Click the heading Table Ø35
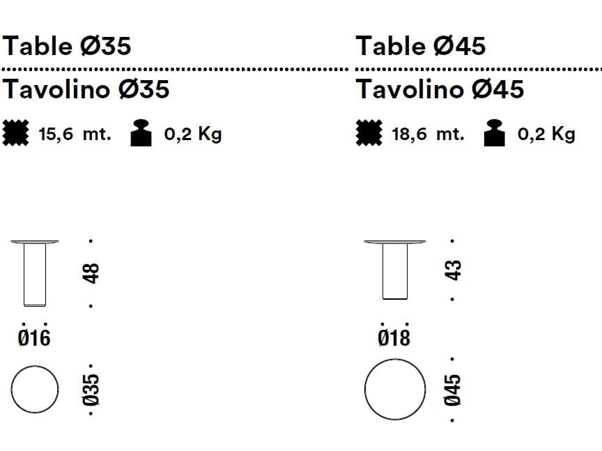67,46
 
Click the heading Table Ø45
421,46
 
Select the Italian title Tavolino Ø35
86,89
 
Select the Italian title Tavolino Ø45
440,89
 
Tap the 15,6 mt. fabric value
75,134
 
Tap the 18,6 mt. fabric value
428,134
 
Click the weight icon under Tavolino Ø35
141,133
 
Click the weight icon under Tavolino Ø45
495,133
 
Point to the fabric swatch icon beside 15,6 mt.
16,133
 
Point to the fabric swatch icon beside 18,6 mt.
369,133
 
